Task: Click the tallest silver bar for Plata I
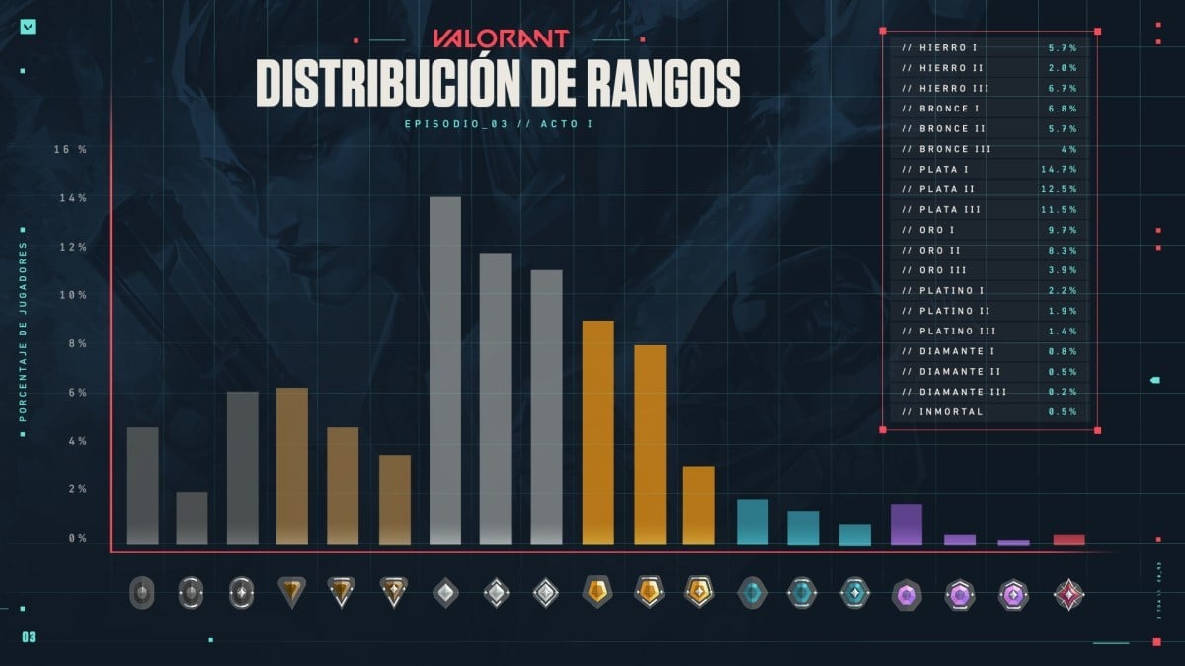pos(445,370)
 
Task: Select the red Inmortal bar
pos(1068,539)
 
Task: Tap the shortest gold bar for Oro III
pos(698,504)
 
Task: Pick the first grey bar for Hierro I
pos(142,484)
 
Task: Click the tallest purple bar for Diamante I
pos(906,524)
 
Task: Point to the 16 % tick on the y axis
pos(71,150)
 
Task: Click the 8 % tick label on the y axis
pos(76,344)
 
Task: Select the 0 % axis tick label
pos(76,539)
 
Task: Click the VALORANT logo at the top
pos(501,39)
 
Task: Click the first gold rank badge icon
pos(597,592)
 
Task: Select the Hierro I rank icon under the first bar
pos(142,593)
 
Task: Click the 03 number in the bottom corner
pos(28,637)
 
